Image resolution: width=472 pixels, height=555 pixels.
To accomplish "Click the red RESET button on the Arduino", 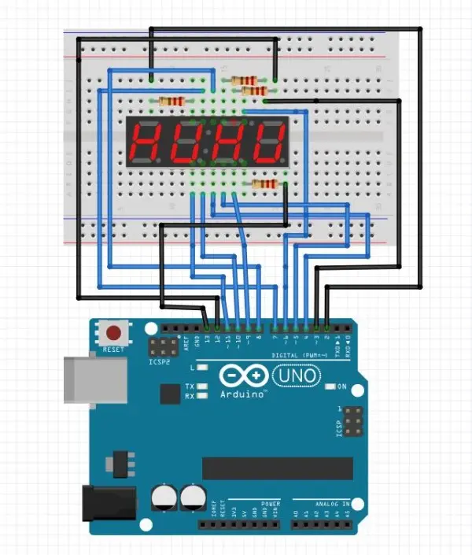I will (x=115, y=332).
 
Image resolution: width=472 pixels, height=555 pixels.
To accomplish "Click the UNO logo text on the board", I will (x=297, y=377).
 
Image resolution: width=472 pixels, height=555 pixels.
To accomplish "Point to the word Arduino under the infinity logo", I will (x=242, y=394).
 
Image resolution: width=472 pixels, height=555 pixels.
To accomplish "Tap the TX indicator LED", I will (x=203, y=387).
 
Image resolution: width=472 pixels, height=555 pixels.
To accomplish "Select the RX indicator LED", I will (x=203, y=396).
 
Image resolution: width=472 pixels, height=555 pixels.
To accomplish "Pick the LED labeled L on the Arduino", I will (x=203, y=368).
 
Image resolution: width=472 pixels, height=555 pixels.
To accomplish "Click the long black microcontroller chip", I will (x=276, y=468).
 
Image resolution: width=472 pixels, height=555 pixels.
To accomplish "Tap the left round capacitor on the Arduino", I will (x=164, y=497).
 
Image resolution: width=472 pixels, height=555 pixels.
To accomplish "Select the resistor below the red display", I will (x=264, y=184).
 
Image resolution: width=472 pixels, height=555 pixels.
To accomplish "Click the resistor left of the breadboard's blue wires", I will (x=171, y=101).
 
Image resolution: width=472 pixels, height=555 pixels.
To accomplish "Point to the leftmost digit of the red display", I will (x=148, y=142).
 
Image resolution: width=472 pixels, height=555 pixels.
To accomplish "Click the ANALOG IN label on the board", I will (x=323, y=505).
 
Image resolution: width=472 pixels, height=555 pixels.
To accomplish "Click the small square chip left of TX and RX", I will (x=169, y=393).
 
